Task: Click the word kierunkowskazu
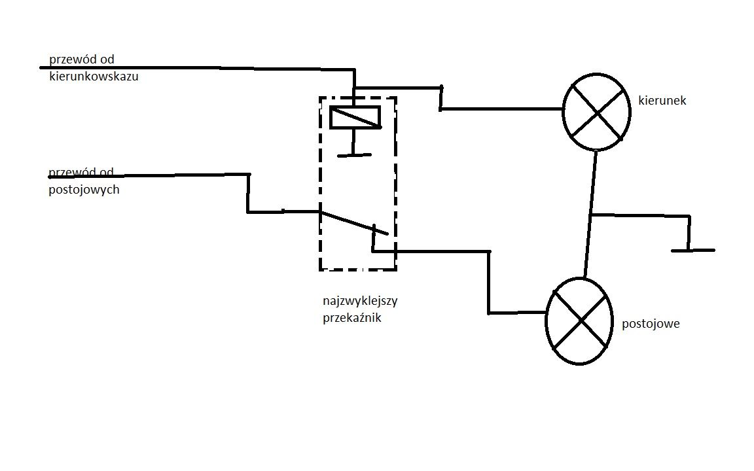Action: click(94, 76)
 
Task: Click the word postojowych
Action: click(84, 190)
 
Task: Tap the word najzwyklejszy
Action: click(360, 302)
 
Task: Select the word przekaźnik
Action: click(352, 318)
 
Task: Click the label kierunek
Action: click(662, 101)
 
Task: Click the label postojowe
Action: click(651, 324)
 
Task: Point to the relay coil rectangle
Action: click(355, 117)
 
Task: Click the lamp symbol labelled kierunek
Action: click(596, 112)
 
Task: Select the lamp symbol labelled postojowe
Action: click(579, 321)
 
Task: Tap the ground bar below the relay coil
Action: click(354, 155)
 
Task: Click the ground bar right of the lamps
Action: click(693, 251)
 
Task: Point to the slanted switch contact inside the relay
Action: click(354, 223)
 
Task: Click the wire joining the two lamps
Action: click(590, 215)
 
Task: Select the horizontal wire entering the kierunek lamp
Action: click(501, 110)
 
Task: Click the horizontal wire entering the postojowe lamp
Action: click(518, 313)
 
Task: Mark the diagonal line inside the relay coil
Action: click(356, 118)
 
